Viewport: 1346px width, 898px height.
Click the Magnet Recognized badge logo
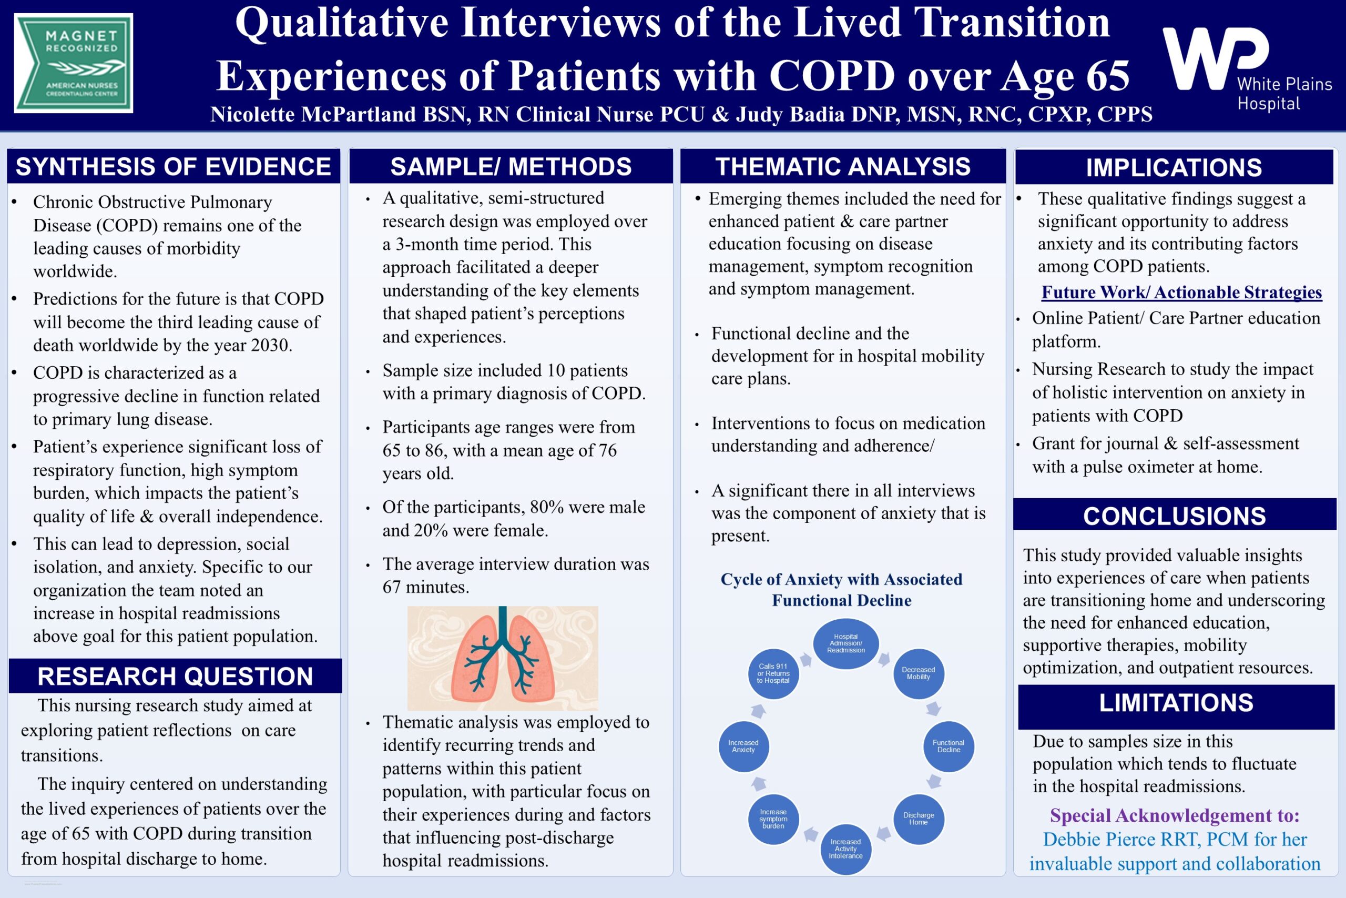(74, 63)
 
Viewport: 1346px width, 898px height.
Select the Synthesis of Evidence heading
(174, 167)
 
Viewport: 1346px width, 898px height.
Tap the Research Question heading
(175, 676)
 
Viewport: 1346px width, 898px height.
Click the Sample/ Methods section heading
(511, 167)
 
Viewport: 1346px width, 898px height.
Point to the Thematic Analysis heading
(843, 167)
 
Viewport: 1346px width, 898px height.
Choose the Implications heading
(1174, 167)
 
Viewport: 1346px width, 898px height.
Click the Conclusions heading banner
(1175, 515)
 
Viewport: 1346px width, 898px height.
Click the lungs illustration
(503, 658)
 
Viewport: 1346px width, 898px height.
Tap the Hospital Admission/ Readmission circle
(846, 644)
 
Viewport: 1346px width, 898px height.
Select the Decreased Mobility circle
(919, 673)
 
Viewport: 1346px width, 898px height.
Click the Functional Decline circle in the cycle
(949, 746)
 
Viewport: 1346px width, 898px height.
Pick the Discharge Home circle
(919, 819)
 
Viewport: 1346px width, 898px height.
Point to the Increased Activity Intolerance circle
(846, 849)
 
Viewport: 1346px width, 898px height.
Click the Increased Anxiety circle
(743, 746)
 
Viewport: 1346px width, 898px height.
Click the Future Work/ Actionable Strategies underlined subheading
(1182, 292)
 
